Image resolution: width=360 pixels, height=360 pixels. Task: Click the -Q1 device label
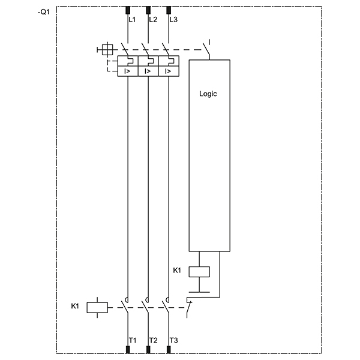[x=44, y=12]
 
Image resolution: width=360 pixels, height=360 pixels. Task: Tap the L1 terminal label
[x=132, y=20]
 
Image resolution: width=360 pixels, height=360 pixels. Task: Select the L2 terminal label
[x=153, y=20]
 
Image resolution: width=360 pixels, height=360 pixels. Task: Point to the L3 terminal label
[x=173, y=20]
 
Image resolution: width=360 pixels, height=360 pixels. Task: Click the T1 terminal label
[x=133, y=340]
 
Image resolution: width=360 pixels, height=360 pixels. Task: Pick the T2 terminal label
[x=154, y=340]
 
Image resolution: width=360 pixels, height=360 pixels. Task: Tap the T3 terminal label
[x=174, y=340]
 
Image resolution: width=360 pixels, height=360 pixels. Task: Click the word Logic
[x=208, y=94]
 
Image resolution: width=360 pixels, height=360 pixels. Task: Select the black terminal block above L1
[x=128, y=10]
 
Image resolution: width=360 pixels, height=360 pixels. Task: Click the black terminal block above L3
[x=169, y=10]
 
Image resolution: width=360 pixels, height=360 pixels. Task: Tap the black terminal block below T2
[x=148, y=350]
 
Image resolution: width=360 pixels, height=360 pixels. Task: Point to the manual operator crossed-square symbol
[x=107, y=50]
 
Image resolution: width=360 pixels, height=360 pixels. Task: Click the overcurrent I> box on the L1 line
[x=128, y=71]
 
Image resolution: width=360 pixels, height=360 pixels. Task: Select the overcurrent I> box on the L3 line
[x=169, y=71]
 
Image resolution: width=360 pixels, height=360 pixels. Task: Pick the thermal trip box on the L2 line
[x=148, y=61]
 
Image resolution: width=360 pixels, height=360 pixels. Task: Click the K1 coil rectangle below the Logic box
[x=199, y=272]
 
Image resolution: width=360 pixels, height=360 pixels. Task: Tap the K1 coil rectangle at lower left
[x=97, y=307]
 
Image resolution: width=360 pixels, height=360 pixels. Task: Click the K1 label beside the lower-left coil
[x=75, y=306]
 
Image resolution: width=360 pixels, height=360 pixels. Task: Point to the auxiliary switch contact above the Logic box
[x=206, y=49]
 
